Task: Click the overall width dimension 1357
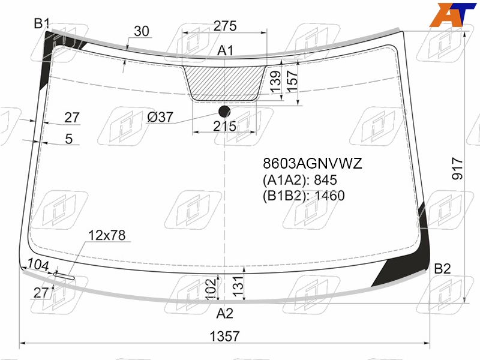(224, 336)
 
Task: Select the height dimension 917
(457, 169)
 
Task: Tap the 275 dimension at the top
(225, 26)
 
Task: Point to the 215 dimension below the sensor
(224, 126)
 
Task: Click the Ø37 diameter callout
(160, 117)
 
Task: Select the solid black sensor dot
(224, 112)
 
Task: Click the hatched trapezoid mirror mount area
(224, 83)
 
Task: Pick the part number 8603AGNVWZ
(312, 163)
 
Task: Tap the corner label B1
(41, 23)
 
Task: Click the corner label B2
(442, 269)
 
